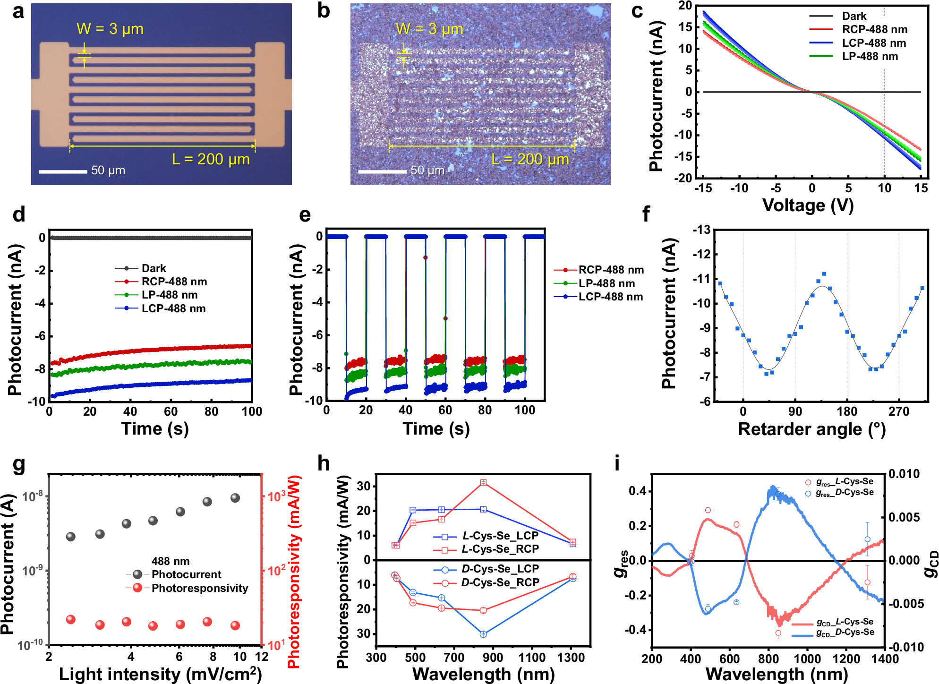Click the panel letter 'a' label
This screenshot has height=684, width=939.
click(x=18, y=11)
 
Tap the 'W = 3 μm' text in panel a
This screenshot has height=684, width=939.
click(x=110, y=29)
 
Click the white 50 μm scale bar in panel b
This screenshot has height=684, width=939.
click(x=382, y=171)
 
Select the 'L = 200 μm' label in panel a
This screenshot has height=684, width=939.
click(x=211, y=159)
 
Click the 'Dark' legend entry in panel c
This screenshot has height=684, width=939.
click(x=854, y=16)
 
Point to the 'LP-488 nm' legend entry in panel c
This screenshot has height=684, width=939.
click(x=870, y=56)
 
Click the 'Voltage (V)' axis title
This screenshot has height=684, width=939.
click(x=808, y=205)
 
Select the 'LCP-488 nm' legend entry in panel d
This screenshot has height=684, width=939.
click(x=173, y=308)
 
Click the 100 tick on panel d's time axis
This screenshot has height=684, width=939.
click(x=252, y=411)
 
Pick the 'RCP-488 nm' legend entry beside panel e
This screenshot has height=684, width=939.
click(x=611, y=270)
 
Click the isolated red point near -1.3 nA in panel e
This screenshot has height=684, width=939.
click(x=426, y=257)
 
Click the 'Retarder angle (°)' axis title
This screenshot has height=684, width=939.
click(x=811, y=429)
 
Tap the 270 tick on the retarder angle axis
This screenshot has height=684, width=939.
click(x=899, y=411)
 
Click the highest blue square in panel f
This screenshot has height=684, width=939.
click(x=824, y=274)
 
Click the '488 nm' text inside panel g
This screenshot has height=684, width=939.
click(x=171, y=561)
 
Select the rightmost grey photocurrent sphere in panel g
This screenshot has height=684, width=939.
click(x=235, y=498)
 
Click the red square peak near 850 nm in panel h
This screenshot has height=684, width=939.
click(x=483, y=482)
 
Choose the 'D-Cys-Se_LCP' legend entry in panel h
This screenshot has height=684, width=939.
click(x=500, y=569)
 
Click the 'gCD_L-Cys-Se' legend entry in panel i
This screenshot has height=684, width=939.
click(x=845, y=622)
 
